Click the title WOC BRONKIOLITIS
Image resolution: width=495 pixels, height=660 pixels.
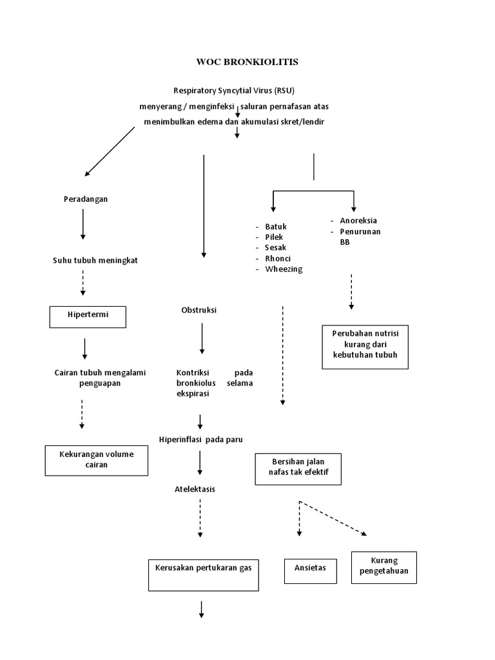247,63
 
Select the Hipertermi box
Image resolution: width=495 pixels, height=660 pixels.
88,316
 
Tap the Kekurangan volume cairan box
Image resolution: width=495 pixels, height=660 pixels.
96,460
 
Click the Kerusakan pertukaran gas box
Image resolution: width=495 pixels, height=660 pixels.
203,574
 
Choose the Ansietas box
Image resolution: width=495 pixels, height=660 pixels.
310,568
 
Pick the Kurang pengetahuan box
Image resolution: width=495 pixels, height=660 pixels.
384,567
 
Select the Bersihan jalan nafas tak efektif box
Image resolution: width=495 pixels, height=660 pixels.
298,469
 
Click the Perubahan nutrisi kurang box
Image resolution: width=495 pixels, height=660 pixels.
365,346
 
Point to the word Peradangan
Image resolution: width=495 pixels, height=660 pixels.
86,199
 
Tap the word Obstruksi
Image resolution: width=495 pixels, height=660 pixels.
199,310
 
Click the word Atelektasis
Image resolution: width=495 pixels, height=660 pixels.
195,489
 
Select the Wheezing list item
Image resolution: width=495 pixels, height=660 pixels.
284,269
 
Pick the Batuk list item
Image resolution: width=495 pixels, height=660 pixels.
276,227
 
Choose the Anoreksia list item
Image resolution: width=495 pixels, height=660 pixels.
358,220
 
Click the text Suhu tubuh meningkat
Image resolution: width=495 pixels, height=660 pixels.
95,260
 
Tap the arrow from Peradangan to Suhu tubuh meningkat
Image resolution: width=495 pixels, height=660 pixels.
83,225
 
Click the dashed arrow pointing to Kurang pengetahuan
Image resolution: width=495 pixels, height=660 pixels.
333,519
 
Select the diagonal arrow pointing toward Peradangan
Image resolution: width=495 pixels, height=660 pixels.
110,151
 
